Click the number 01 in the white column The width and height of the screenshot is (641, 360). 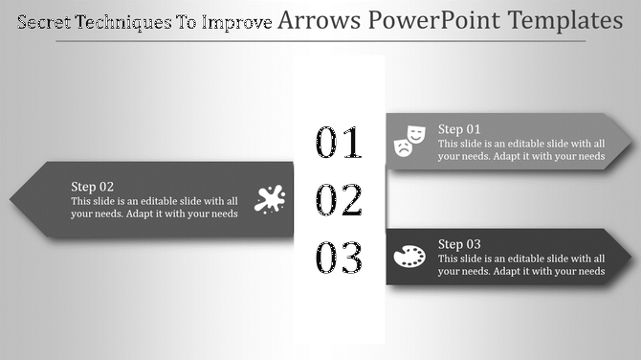[340, 143]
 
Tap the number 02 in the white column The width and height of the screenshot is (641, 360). [340, 201]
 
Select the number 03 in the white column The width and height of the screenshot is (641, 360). [340, 259]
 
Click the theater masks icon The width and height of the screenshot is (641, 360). [409, 140]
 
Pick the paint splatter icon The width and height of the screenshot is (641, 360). [270, 199]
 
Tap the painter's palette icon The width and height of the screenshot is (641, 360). [409, 257]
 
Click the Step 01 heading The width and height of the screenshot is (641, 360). [459, 128]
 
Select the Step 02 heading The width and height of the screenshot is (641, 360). [93, 187]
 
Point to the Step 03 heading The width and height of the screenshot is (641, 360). [459, 244]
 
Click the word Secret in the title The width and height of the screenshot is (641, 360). [44, 21]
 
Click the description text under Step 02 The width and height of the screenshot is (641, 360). [153, 208]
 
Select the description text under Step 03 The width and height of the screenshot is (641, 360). [521, 265]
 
